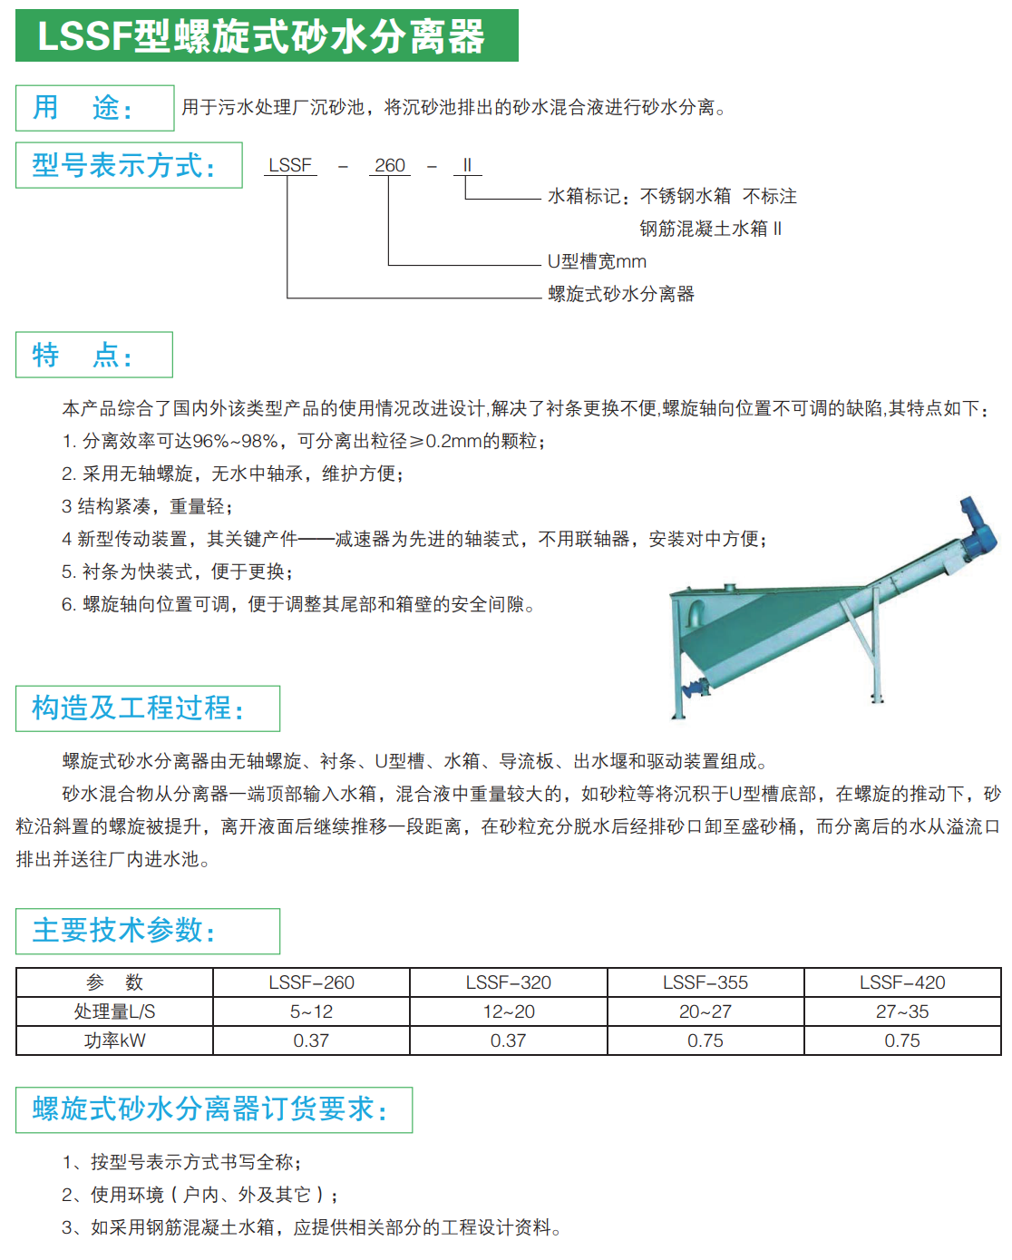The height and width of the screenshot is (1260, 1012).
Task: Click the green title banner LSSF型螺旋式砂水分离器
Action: click(267, 36)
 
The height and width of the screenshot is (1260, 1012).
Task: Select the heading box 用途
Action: click(94, 108)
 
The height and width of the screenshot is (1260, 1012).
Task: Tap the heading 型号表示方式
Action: click(129, 165)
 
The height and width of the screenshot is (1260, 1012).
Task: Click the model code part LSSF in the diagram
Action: click(290, 165)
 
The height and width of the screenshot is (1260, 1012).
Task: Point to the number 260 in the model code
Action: click(390, 165)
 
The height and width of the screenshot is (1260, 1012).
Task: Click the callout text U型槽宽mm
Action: click(597, 261)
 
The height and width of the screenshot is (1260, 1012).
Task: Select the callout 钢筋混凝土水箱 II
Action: click(710, 229)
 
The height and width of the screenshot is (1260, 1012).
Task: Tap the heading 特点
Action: click(93, 355)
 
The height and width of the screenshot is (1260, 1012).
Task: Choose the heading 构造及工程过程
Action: click(147, 708)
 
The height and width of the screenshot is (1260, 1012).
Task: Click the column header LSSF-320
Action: click(509, 982)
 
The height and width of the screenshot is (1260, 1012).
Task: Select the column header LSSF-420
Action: click(902, 982)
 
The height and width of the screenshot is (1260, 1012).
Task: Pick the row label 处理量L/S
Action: click(114, 1011)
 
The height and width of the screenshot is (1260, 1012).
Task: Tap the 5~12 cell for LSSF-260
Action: click(311, 1011)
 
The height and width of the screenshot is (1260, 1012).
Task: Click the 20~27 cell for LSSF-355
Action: click(705, 1011)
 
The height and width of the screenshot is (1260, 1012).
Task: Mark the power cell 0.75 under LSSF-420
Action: click(902, 1040)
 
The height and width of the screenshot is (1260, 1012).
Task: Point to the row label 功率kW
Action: click(114, 1040)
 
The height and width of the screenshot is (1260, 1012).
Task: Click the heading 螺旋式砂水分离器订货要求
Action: click(213, 1109)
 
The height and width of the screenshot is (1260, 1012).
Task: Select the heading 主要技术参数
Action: click(147, 931)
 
